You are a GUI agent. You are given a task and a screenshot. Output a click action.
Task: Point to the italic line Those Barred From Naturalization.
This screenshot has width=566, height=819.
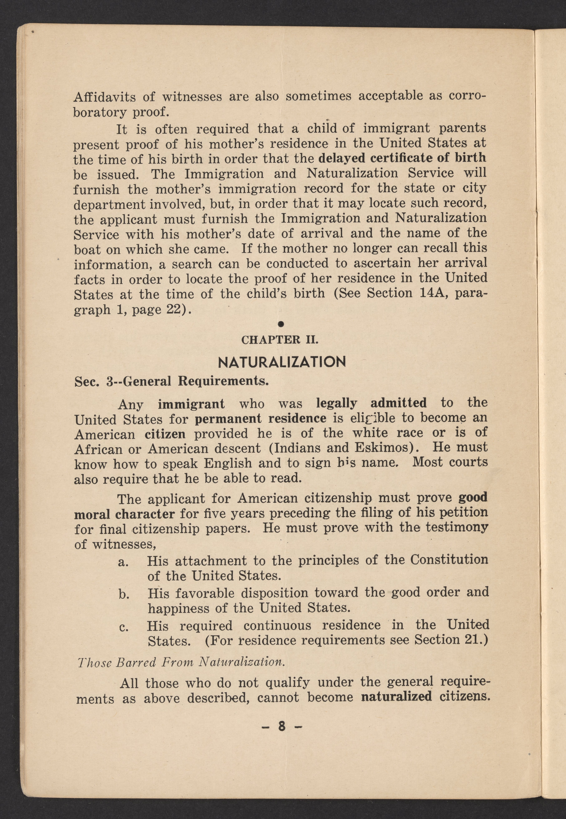pyautogui.click(x=181, y=662)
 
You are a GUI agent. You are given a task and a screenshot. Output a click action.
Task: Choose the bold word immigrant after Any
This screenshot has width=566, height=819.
pyautogui.click(x=191, y=404)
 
